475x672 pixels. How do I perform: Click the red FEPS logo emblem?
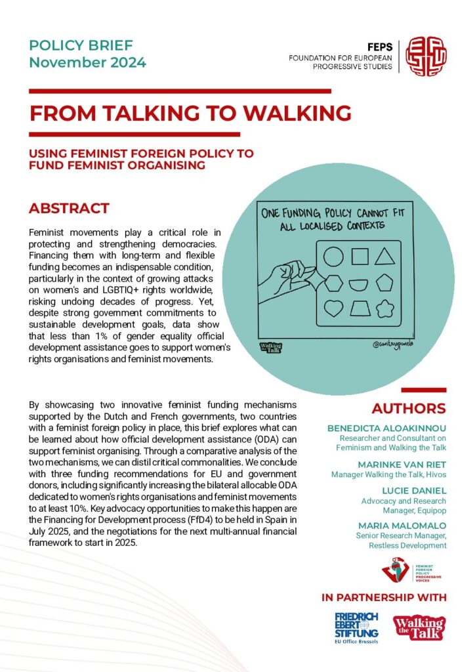pyautogui.click(x=424, y=56)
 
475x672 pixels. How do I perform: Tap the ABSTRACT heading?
pyautogui.click(x=69, y=209)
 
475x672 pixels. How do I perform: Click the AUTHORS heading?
pyautogui.click(x=408, y=408)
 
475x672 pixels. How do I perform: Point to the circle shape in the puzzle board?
pyautogui.click(x=333, y=257)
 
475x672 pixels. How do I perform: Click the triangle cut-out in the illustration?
pyautogui.click(x=384, y=257)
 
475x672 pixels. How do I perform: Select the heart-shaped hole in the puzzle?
pyautogui.click(x=333, y=308)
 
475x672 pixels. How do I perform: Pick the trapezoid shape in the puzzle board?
pyautogui.click(x=359, y=308)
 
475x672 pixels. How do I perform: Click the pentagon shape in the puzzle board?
pyautogui.click(x=384, y=283)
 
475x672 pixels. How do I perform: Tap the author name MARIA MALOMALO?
pyautogui.click(x=402, y=526)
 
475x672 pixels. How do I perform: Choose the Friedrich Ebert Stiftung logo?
pyautogui.click(x=356, y=628)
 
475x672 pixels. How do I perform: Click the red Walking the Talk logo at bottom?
pyautogui.click(x=419, y=627)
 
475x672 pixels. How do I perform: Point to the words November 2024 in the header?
pyautogui.click(x=87, y=63)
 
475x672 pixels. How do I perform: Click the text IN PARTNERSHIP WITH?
pyautogui.click(x=384, y=597)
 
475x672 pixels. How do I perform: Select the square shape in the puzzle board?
pyautogui.click(x=359, y=257)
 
